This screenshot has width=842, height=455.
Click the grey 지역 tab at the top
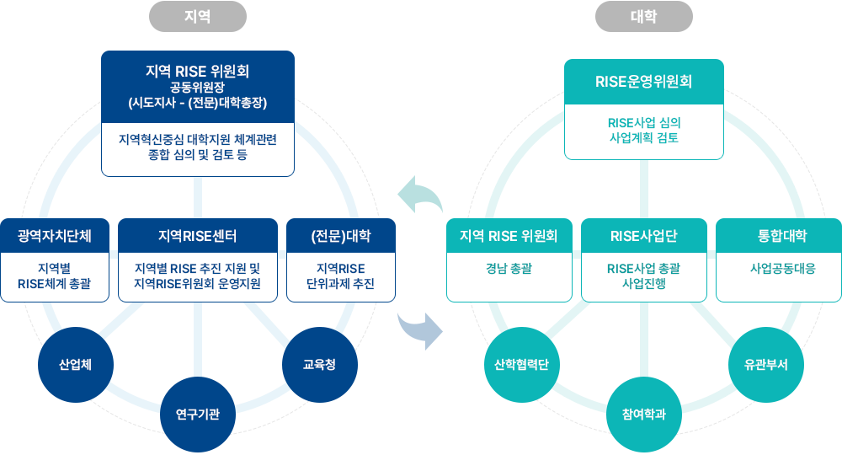[x=197, y=16]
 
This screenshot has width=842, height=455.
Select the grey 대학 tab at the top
[x=643, y=16]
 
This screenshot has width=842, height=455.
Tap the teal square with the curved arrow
[x=419, y=195]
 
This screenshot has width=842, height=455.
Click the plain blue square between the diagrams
[x=419, y=331]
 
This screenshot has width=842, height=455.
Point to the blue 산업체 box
[x=76, y=365]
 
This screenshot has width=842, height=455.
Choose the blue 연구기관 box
[x=198, y=414]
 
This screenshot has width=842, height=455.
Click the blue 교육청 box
[x=320, y=364]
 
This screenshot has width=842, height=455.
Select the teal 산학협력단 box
[x=521, y=365]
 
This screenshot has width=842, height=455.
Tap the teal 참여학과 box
[x=644, y=414]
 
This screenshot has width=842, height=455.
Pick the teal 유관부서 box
[x=766, y=365]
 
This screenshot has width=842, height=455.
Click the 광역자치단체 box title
[x=55, y=235]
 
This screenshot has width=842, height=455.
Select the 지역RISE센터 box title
[x=198, y=235]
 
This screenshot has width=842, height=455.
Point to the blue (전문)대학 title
[x=341, y=235]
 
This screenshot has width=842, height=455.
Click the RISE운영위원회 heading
[x=644, y=82]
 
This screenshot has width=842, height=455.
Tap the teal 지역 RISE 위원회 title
[x=509, y=236]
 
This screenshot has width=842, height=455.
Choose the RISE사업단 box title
[x=644, y=236]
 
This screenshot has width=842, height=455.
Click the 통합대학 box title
[x=779, y=236]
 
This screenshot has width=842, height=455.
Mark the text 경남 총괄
[x=509, y=269]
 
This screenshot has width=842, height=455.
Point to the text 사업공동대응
[x=779, y=269]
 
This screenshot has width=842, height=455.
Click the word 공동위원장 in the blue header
[x=198, y=88]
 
